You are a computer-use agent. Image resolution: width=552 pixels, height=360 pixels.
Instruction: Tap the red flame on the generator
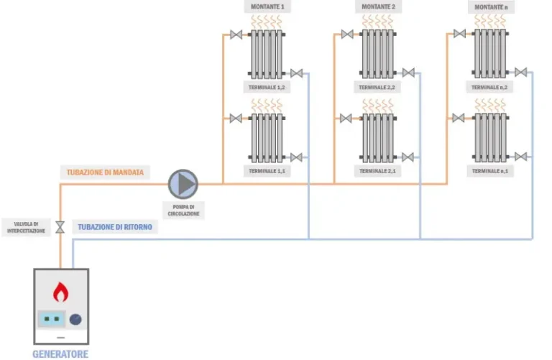tap(61, 292)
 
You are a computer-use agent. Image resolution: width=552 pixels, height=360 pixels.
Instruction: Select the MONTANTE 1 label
tap(267, 7)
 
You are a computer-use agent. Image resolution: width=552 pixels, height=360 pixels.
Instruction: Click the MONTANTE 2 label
tap(378, 7)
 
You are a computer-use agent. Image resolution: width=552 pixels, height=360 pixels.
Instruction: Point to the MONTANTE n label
tap(489, 7)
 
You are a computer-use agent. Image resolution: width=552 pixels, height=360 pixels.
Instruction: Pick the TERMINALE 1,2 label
tap(267, 87)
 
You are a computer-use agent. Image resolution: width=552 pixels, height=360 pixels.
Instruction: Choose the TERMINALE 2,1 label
tap(378, 171)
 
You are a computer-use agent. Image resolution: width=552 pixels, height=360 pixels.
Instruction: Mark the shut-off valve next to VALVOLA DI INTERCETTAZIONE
tap(60, 226)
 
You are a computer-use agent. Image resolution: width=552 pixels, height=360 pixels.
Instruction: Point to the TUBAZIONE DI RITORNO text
tap(115, 226)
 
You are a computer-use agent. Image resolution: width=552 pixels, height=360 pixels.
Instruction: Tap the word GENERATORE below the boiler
tap(60, 354)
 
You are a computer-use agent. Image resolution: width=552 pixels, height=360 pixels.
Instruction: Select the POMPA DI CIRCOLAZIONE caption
tap(185, 210)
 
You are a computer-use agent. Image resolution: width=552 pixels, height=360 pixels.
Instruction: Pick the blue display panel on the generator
tap(50, 318)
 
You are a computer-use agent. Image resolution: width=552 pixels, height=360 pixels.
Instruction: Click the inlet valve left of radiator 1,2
tap(236, 34)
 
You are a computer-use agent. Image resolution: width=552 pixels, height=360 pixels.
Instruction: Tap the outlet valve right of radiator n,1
tap(520, 157)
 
